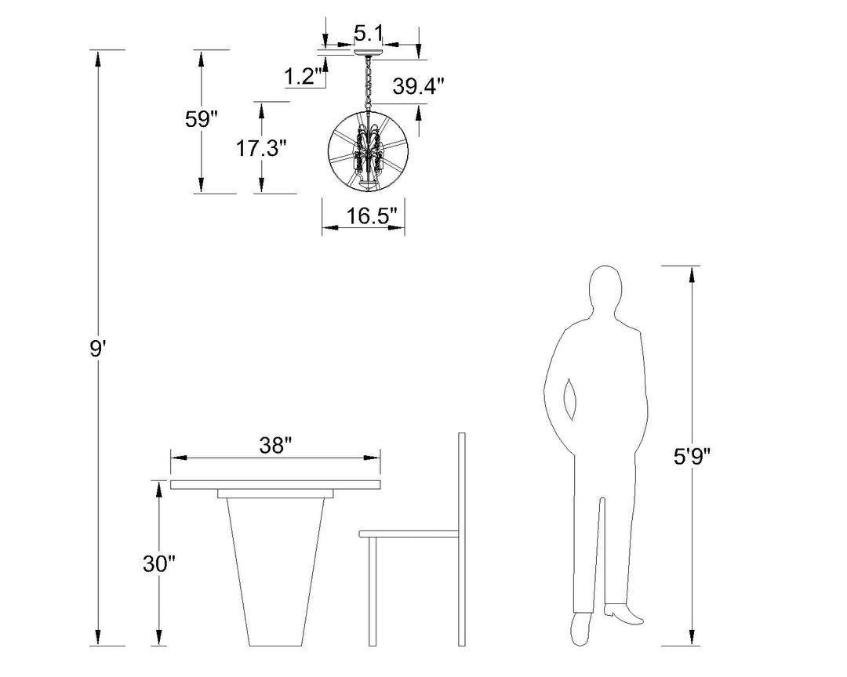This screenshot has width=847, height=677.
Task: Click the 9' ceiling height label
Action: [96, 349]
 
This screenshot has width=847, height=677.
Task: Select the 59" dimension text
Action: [201, 119]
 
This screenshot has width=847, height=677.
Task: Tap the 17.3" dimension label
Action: [260, 147]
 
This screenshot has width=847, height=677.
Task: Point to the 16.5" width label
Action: [372, 216]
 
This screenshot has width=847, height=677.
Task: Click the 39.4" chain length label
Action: [418, 86]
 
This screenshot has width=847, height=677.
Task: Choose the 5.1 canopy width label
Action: [369, 33]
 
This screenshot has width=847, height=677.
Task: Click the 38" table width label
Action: [275, 446]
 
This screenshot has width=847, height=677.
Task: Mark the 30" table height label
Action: [159, 564]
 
